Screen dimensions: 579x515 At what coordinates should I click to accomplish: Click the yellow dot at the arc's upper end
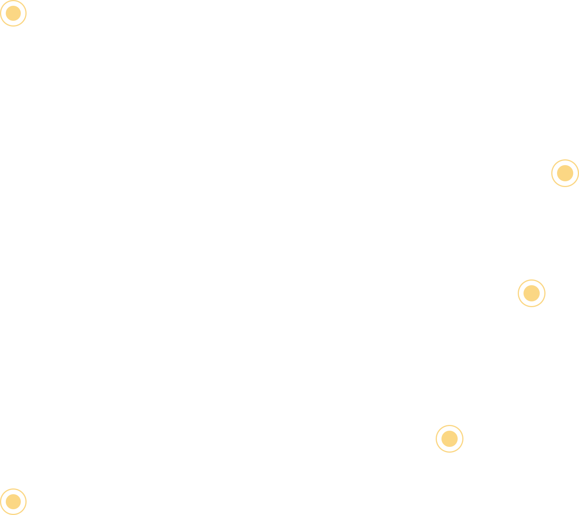13,13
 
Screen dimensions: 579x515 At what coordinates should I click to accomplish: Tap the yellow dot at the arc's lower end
13,502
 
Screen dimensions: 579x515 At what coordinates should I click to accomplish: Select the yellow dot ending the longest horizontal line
565,173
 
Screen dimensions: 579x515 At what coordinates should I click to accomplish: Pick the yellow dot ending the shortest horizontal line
450,439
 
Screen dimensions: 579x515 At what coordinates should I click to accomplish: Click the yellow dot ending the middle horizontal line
532,293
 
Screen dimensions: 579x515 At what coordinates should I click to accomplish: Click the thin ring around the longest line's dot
565,160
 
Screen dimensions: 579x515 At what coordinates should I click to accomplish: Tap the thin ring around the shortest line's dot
450,426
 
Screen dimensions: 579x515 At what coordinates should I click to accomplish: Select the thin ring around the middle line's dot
532,280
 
